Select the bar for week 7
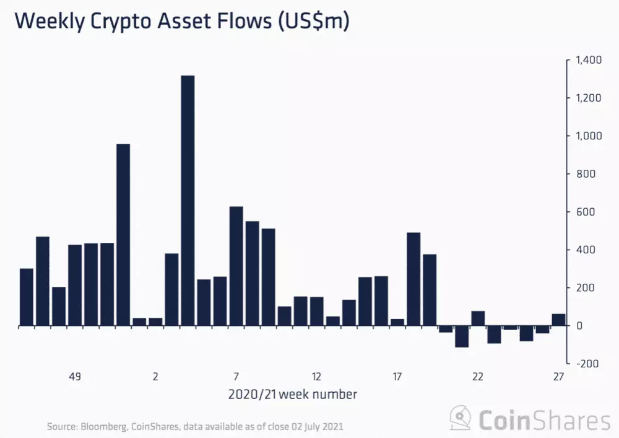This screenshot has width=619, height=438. point(236,266)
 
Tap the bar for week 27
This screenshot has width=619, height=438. point(558,320)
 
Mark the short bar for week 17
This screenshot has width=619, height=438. point(397,322)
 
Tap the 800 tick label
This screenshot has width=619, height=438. point(584,174)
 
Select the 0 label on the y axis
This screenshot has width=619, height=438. point(579,326)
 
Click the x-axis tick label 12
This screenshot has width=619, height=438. point(316,376)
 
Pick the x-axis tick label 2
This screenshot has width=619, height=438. point(155,376)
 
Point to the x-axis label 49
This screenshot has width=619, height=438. point(75,376)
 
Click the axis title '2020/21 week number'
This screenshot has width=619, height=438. point(292,394)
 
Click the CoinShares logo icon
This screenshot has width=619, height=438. point(461,419)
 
